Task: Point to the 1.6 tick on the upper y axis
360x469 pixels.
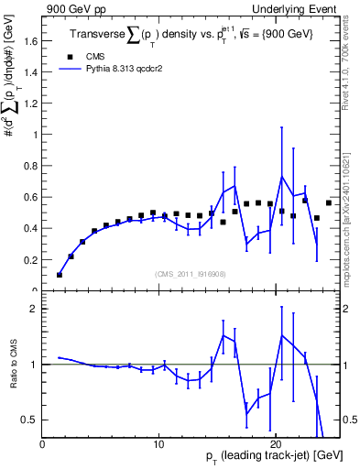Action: [32, 40]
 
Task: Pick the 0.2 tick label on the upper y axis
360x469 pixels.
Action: [32, 260]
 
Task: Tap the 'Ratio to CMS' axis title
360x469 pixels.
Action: [13, 365]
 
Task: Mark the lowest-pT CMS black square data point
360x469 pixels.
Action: [60, 274]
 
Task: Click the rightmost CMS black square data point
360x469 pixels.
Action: [328, 202]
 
